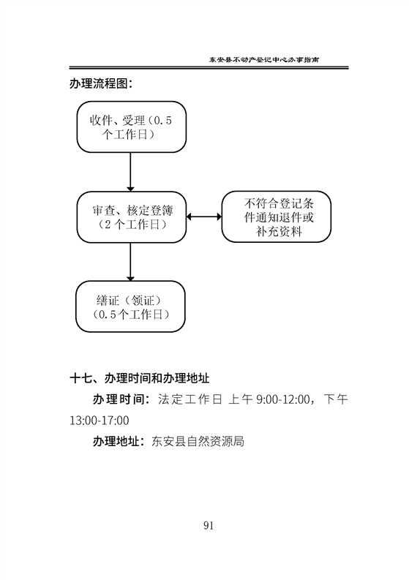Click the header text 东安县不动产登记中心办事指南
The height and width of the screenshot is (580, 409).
264,59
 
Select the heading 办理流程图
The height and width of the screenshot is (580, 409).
101,83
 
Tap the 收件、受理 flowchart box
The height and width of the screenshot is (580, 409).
132,127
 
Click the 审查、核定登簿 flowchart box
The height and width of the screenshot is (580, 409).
132,217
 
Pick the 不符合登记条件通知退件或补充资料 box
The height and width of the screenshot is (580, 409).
276,216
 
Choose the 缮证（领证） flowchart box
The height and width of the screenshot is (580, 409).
130,306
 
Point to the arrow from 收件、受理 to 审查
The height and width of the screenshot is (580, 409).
130,172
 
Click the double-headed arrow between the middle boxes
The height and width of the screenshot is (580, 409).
204,216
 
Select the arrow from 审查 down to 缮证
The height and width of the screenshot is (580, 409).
130,262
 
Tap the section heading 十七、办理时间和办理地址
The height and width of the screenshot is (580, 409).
140,378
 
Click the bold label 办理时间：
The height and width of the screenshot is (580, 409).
121,399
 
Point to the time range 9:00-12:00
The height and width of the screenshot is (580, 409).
283,399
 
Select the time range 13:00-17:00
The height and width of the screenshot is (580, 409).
100,421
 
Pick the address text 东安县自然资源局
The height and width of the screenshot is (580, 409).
198,442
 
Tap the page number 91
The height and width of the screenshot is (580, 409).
209,526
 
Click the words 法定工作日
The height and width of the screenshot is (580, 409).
190,399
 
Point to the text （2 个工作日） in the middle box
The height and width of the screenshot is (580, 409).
132,225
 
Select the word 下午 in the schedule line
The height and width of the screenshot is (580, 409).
336,399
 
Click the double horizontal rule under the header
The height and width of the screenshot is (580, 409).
209,68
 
